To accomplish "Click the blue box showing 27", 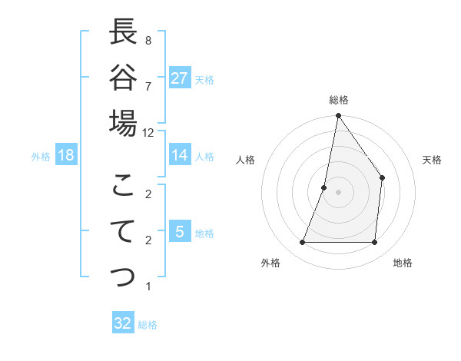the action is [x=180, y=78].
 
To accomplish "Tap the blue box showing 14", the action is [x=180, y=155].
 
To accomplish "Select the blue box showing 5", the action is [x=180, y=232].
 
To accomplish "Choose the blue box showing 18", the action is [x=66, y=155].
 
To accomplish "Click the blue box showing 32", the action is [x=123, y=323].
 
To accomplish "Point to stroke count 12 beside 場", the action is [x=148, y=132].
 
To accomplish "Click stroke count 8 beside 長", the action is [x=148, y=40].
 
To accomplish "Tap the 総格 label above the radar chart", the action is [x=338, y=100].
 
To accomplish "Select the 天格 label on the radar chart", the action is [x=433, y=160].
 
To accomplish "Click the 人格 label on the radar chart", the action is [x=245, y=160].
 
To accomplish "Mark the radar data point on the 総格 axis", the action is [x=338, y=116].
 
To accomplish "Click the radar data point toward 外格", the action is [x=302, y=243].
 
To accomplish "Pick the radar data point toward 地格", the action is [x=374, y=243].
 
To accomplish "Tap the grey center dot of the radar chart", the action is [x=338, y=192].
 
